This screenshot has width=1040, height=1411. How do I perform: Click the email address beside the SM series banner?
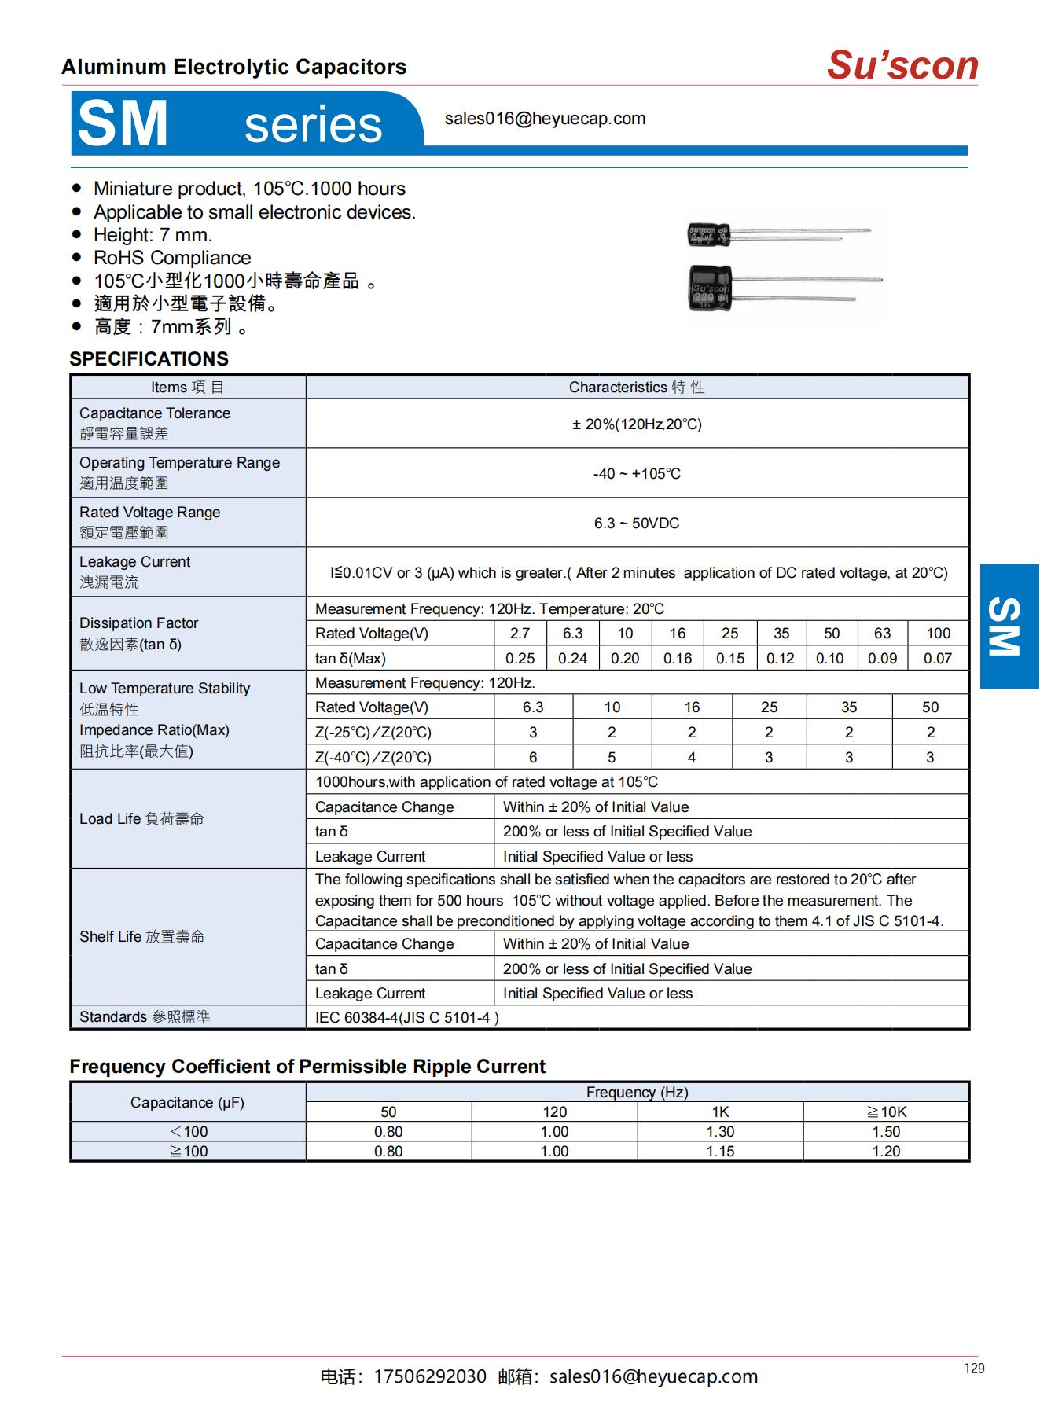[545, 119]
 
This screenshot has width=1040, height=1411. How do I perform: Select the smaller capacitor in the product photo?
[709, 234]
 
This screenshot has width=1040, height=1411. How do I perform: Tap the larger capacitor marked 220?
[710, 288]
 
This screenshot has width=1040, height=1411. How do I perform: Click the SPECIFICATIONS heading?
[149, 359]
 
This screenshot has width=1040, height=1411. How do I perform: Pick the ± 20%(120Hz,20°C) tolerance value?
[637, 424]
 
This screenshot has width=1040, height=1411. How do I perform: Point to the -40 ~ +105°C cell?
[637, 474]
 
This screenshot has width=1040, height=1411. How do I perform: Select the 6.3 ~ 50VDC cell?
[637, 524]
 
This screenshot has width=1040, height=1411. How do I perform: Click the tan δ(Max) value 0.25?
[520, 659]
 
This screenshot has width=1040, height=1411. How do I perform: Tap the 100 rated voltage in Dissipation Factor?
[938, 634]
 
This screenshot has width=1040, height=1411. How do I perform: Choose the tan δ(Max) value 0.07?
[938, 659]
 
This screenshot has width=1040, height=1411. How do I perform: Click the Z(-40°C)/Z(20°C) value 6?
[533, 758]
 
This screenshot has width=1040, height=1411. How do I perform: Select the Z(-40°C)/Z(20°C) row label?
[373, 758]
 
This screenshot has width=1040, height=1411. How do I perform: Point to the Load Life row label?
[141, 819]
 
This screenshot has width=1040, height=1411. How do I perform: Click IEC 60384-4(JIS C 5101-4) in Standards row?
[407, 1018]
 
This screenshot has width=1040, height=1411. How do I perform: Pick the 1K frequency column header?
[720, 1112]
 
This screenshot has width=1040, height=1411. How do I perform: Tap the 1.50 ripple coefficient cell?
[886, 1132]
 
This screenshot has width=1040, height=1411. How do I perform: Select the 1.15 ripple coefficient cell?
[720, 1152]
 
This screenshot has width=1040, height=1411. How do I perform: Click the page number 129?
[974, 1369]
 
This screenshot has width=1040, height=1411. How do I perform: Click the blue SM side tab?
[1009, 626]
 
